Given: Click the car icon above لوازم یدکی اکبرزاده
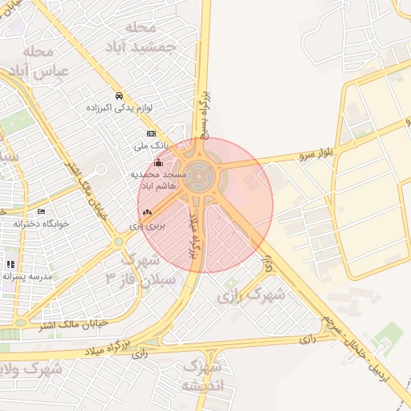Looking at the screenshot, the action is (119, 95).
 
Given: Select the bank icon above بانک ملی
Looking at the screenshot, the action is (150, 133).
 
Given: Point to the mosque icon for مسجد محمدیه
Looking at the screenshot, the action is (157, 164).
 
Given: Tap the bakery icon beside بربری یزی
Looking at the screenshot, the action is (146, 213).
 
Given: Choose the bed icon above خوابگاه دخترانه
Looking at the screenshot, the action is (41, 211).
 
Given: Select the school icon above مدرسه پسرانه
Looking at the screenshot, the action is (11, 263).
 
